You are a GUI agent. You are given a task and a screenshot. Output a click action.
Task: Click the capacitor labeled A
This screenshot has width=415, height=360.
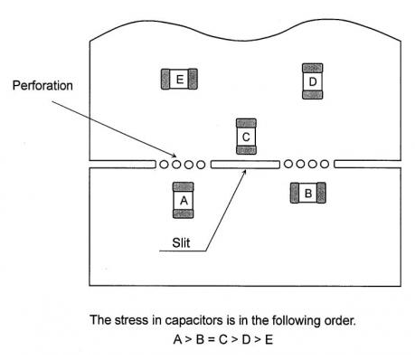[184, 200]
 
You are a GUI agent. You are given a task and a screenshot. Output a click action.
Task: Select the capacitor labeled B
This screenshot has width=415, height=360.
[308, 193]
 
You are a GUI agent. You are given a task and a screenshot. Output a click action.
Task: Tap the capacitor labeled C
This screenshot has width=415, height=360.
[246, 137]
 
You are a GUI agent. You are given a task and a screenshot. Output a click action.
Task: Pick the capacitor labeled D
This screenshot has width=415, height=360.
[313, 81]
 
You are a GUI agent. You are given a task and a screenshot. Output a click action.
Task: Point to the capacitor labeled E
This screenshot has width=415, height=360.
[179, 79]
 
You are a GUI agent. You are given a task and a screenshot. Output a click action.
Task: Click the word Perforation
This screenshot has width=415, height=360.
[42, 86]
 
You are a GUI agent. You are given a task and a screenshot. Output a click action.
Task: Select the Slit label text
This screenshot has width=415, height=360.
[181, 242]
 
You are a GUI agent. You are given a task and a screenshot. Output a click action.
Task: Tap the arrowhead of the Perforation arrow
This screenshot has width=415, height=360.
[174, 156]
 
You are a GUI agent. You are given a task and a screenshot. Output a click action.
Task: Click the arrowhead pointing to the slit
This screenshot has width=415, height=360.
[244, 172]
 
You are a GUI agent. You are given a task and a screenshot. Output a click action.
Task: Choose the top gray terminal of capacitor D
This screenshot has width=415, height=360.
[313, 68]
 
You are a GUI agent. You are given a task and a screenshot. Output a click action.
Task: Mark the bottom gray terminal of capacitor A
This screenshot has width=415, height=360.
[184, 213]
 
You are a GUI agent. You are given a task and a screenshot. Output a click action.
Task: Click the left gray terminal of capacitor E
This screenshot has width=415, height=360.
[165, 79]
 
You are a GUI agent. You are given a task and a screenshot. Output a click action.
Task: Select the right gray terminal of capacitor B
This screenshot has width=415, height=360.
[322, 193]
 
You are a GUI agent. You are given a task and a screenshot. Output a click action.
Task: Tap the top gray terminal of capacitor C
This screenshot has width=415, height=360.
[246, 123]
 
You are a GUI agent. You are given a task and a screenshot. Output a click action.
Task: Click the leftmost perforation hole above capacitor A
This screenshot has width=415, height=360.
[164, 165]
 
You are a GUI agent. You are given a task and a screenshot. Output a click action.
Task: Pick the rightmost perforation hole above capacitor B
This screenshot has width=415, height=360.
[325, 164]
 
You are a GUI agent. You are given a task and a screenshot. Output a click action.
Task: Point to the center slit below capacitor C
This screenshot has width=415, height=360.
[245, 165]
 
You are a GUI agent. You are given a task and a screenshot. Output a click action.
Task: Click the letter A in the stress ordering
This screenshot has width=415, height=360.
[177, 340]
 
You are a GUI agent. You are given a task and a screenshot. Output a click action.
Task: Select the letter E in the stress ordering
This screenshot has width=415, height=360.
[269, 340]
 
